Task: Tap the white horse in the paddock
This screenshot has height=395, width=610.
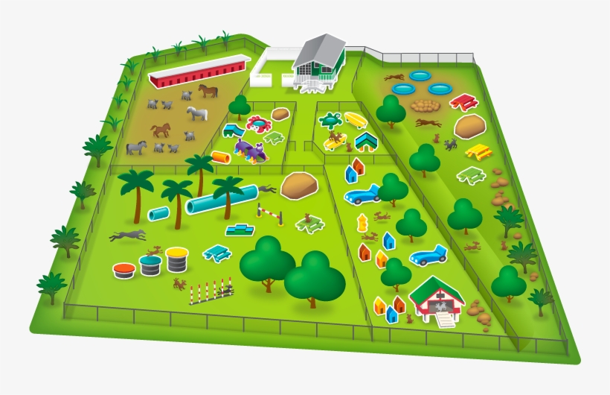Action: click(196, 114)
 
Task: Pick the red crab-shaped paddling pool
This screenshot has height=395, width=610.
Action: click(258, 123)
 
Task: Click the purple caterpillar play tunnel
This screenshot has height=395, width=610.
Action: click(251, 152)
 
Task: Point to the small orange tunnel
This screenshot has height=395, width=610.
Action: click(222, 157)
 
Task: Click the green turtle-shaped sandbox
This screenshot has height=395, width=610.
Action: click(331, 120)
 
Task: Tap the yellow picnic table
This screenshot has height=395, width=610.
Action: click(477, 152)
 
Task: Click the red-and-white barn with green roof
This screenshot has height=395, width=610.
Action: click(437, 300)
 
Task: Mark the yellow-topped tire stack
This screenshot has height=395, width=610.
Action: click(176, 259)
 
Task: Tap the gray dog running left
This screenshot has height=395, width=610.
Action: click(128, 236)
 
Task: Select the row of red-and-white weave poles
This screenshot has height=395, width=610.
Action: click(211, 291)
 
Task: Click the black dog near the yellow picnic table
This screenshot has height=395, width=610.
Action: click(451, 145)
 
